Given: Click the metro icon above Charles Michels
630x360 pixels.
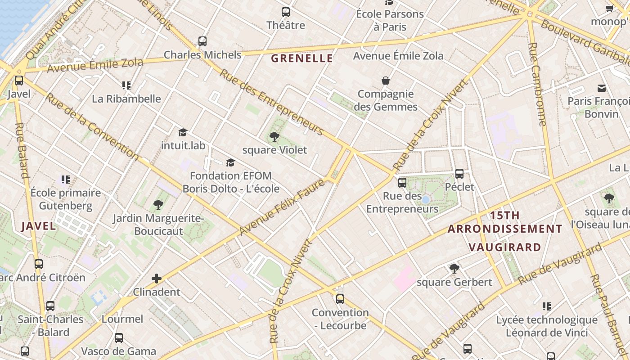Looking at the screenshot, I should (202, 41).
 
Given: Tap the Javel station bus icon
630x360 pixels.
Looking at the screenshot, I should (19, 81).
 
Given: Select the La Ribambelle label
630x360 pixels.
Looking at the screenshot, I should (126, 99).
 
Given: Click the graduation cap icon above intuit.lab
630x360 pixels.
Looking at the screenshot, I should (183, 132).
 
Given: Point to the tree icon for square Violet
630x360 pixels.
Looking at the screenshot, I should (274, 137).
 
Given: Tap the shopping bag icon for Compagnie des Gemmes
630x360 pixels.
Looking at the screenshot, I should (386, 81).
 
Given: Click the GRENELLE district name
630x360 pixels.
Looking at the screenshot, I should (302, 58).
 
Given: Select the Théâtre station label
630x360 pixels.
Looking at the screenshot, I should (285, 25).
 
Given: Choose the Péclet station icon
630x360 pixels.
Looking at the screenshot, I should (459, 173).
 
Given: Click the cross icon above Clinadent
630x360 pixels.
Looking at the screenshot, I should (157, 279).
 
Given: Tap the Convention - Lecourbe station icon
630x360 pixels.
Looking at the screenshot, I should (340, 299).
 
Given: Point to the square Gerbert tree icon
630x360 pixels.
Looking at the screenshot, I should (454, 269).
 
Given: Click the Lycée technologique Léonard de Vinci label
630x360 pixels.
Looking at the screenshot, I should (547, 326).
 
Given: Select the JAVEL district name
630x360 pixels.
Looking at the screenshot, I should (39, 226).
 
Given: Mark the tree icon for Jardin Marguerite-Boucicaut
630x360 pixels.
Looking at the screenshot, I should (158, 205).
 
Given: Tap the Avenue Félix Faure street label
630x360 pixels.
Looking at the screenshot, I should (282, 207).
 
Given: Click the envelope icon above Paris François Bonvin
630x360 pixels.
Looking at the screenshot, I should (602, 88).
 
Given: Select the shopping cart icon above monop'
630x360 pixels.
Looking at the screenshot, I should (610, 8).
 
